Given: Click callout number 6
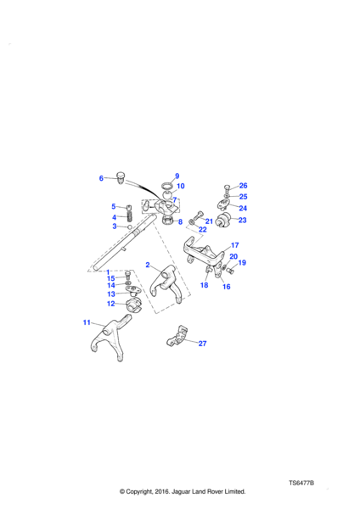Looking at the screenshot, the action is [x=101, y=178].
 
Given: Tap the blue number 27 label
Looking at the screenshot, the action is [x=202, y=344].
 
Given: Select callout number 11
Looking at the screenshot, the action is [x=87, y=322].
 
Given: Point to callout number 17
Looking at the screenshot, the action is [x=235, y=245].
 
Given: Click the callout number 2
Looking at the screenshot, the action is [x=148, y=265].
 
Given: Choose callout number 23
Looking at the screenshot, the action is [x=242, y=220].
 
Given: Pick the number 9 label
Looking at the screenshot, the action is [x=177, y=176].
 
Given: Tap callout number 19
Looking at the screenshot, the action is [x=242, y=263].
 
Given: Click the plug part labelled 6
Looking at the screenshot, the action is [x=121, y=177].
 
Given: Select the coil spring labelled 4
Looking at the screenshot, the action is [x=130, y=216].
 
